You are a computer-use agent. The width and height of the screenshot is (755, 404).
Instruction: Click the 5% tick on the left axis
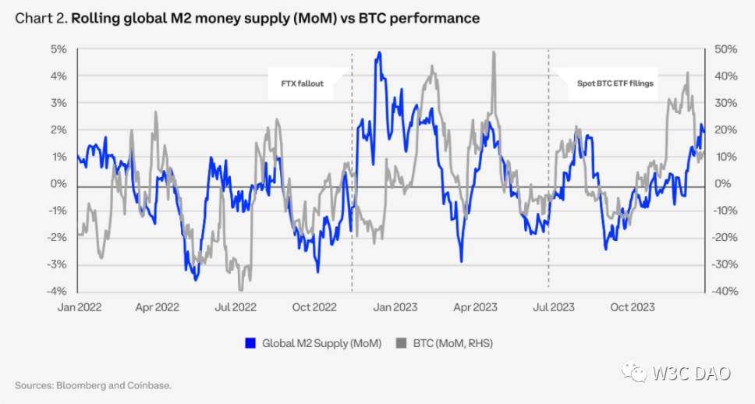pyautogui.click(x=59, y=49)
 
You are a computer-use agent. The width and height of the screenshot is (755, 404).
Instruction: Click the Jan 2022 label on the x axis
pyautogui.click(x=76, y=307)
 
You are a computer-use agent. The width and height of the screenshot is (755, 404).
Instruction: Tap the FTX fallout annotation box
pyautogui.click(x=307, y=83)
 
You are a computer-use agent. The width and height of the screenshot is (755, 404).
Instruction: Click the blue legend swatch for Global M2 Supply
pyautogui.click(x=250, y=343)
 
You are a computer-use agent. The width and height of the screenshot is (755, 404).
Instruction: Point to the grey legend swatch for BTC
pyautogui.click(x=403, y=343)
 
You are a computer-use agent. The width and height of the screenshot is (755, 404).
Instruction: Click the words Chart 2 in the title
pyautogui.click(x=40, y=17)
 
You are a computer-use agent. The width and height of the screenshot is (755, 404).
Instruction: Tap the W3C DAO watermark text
pyautogui.click(x=693, y=374)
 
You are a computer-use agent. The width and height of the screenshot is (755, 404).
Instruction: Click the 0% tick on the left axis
pyautogui.click(x=59, y=184)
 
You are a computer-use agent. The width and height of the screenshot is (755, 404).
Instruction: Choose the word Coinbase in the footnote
pyautogui.click(x=151, y=385)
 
